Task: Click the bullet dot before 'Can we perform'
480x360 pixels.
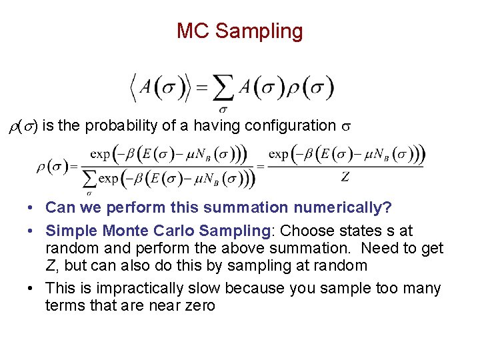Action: tap(32, 208)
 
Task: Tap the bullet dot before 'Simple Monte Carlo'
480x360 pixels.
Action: tap(32, 231)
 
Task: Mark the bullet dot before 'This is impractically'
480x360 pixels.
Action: tap(32, 289)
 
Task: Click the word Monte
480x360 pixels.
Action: tap(125, 231)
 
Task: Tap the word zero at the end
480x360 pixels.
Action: tap(200, 306)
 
